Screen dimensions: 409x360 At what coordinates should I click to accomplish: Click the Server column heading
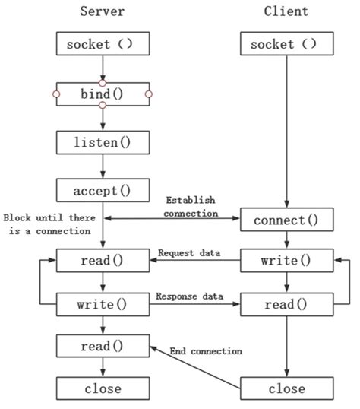[103, 11]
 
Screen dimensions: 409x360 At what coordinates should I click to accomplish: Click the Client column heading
[286, 11]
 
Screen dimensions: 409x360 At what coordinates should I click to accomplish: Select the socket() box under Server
[103, 44]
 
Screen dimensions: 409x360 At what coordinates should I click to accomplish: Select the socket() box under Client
[287, 44]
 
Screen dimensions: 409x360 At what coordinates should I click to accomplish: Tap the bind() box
[103, 94]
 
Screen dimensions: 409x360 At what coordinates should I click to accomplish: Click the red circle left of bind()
[56, 94]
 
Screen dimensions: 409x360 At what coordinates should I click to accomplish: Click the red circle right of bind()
[149, 94]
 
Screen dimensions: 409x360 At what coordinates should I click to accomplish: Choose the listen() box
[103, 142]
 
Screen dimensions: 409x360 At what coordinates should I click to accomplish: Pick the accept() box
[103, 190]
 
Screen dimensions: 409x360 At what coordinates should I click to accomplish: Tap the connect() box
[287, 220]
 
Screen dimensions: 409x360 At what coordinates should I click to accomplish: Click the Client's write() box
[287, 261]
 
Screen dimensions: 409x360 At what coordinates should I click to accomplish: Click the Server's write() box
[103, 304]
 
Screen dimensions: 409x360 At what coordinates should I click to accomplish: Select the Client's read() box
[287, 304]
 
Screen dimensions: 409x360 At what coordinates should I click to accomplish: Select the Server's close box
[103, 389]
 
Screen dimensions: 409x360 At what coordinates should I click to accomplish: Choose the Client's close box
[287, 389]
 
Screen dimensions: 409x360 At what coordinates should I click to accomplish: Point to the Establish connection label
[191, 207]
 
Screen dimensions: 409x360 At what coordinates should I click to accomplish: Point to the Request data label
[190, 252]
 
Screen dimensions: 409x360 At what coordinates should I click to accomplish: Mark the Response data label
[190, 296]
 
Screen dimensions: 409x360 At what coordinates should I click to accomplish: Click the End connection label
[207, 351]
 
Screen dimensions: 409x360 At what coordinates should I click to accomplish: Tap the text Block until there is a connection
[47, 224]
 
